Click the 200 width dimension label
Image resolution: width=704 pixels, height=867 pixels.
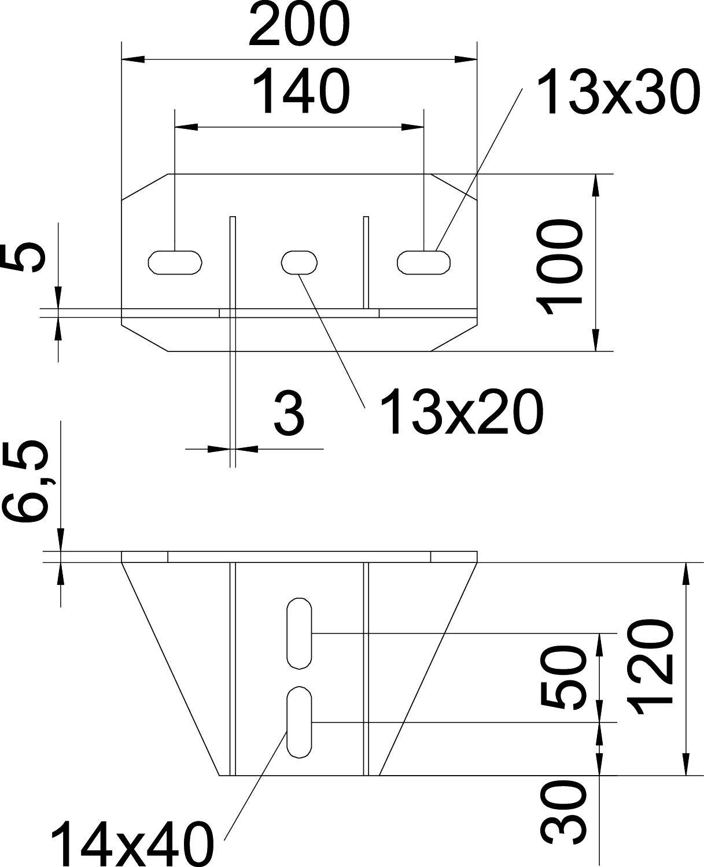pyautogui.click(x=299, y=26)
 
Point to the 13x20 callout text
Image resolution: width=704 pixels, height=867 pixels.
pyautogui.click(x=462, y=412)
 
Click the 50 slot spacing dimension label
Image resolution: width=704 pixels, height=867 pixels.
pyautogui.click(x=561, y=678)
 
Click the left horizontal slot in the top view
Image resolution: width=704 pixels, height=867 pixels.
pyautogui.click(x=176, y=261)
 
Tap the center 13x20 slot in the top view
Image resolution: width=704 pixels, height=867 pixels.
pyautogui.click(x=299, y=261)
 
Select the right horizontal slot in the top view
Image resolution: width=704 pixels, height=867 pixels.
pyautogui.click(x=424, y=261)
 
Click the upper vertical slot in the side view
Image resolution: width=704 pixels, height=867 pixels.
pyautogui.click(x=299, y=633)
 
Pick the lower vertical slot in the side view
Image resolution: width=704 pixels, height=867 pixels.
pyautogui.click(x=299, y=722)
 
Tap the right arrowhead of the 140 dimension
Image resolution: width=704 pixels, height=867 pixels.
pyautogui.click(x=412, y=125)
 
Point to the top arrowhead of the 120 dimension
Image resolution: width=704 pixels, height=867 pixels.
pyautogui.click(x=687, y=572)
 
